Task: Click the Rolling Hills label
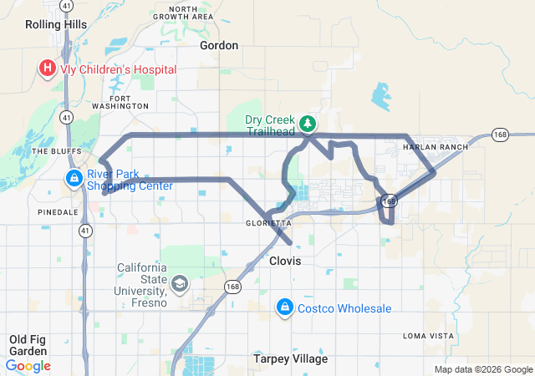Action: (x=56, y=25)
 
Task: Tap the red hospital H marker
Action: (x=47, y=68)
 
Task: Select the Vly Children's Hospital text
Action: (x=118, y=69)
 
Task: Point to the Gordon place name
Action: (x=220, y=45)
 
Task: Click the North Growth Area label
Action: (x=183, y=12)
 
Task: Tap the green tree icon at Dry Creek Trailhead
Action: (x=308, y=124)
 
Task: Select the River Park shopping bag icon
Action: (x=74, y=178)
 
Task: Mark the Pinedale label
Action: (x=58, y=212)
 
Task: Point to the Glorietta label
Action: (x=268, y=224)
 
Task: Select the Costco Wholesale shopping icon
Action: (x=285, y=308)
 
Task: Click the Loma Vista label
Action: (x=427, y=335)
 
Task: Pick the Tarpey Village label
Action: (x=291, y=359)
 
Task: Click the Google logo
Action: (x=28, y=365)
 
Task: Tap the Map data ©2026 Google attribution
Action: (x=482, y=369)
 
